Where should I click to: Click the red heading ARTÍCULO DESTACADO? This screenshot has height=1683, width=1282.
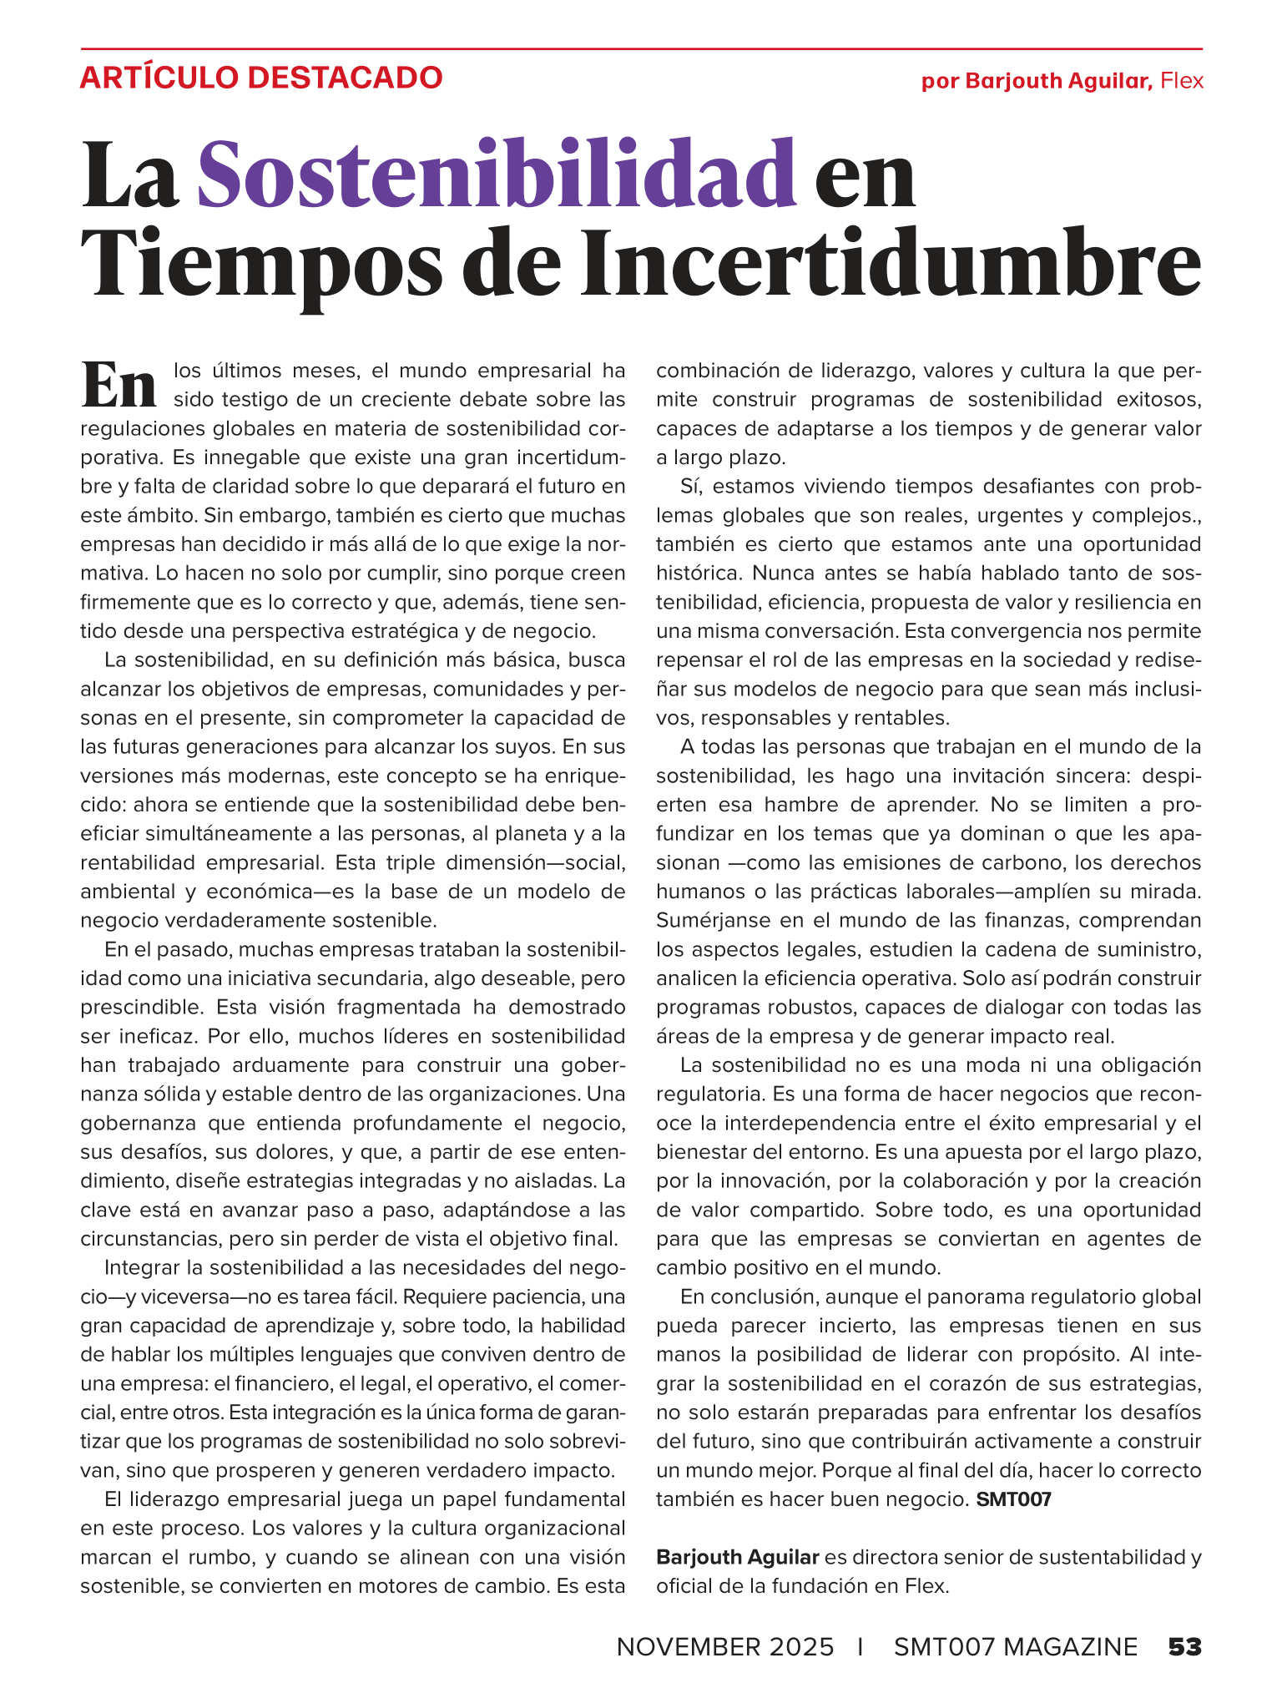[260, 78]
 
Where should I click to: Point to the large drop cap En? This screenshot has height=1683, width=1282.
[119, 385]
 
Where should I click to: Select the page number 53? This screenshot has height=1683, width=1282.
[1184, 1647]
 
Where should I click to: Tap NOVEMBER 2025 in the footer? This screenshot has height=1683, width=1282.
[724, 1647]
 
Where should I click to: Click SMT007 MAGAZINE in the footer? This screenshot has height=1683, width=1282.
[1015, 1647]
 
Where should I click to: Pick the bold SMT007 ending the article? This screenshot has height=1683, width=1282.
[1013, 1499]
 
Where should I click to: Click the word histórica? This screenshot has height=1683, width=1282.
[699, 574]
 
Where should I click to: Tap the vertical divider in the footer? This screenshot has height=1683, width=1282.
[861, 1647]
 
